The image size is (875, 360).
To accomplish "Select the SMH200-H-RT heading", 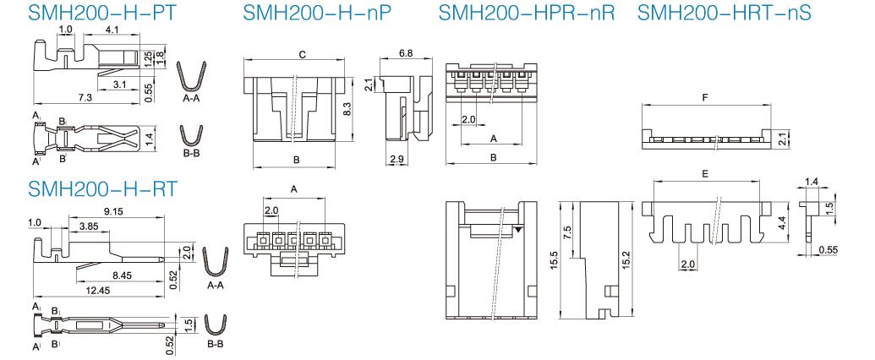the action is (102, 188).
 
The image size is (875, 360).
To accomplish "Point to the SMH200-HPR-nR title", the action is (526, 12).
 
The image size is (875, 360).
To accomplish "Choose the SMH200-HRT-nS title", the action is (724, 12).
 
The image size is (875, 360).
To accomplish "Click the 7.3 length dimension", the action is (85, 98).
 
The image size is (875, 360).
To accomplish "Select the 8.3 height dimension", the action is (347, 110).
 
